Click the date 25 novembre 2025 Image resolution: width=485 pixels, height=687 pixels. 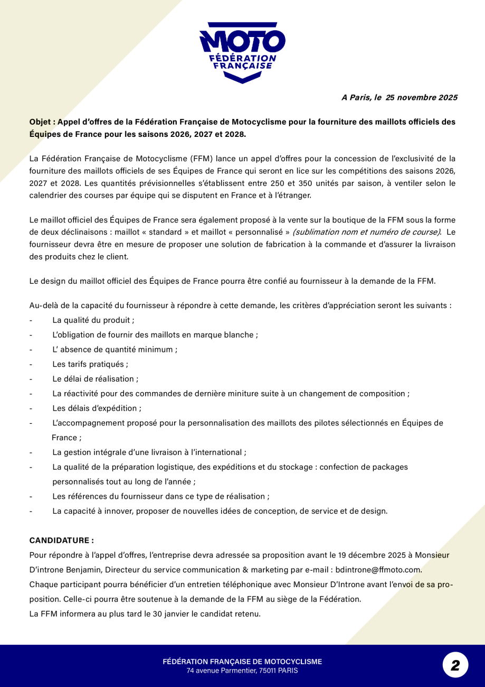[x=421, y=97]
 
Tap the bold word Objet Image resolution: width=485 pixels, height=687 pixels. [x=40, y=122]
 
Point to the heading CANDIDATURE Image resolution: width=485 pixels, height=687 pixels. [x=61, y=540]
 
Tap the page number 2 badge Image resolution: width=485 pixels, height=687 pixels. [x=455, y=665]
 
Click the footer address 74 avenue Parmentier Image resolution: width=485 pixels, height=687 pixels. [x=242, y=671]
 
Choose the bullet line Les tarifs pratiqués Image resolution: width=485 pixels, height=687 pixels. [x=90, y=364]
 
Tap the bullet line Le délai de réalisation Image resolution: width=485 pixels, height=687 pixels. [x=95, y=379]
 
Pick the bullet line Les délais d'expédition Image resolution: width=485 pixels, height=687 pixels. [x=97, y=408]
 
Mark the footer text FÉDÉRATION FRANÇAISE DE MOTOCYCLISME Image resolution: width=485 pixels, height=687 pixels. [x=242, y=662]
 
